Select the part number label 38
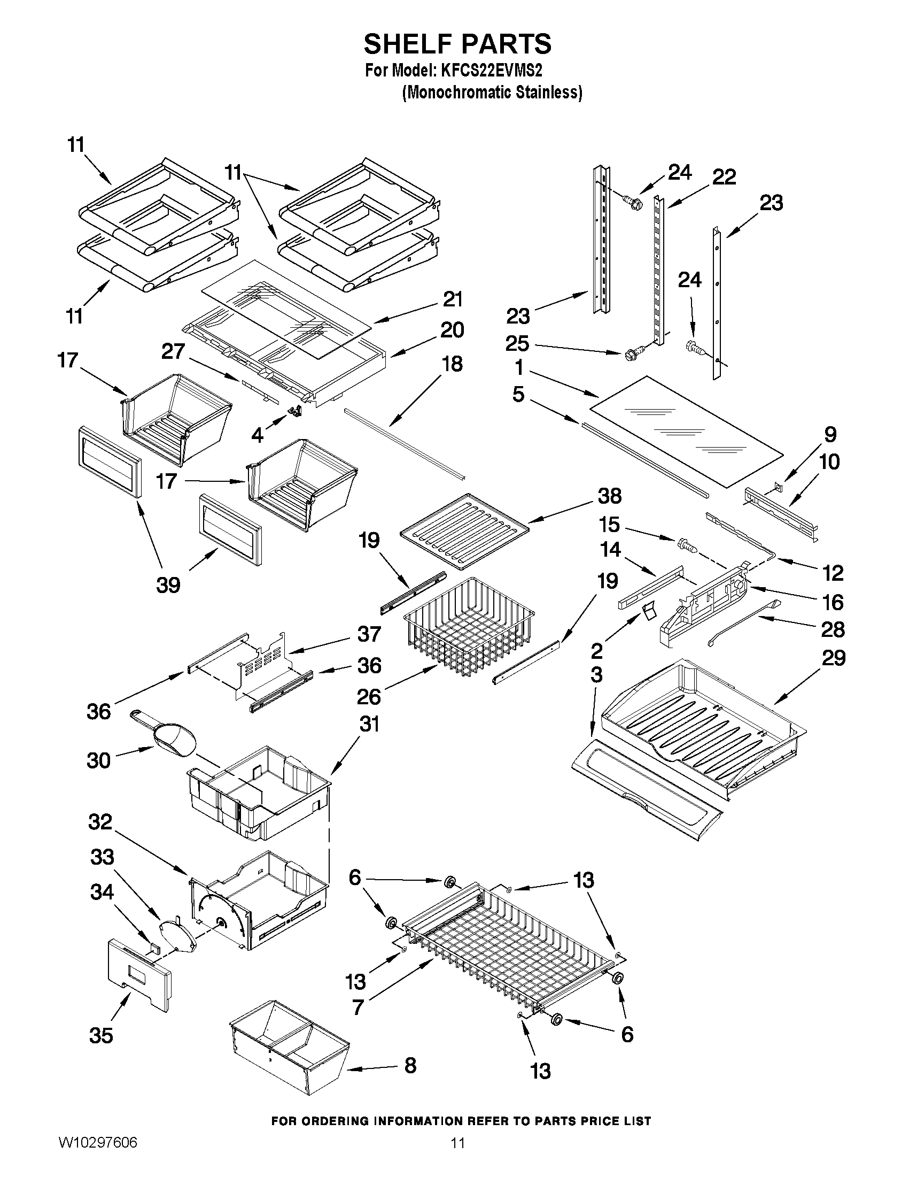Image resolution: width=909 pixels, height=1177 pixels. (x=609, y=496)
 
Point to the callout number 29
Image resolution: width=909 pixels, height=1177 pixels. (x=834, y=657)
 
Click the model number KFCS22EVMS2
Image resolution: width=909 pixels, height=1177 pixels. (x=492, y=71)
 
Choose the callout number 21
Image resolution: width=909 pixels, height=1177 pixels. (x=452, y=299)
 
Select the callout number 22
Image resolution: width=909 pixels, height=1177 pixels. (x=724, y=177)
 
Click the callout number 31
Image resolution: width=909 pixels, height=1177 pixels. (x=369, y=724)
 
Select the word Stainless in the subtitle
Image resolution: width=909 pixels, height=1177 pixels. (x=548, y=93)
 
